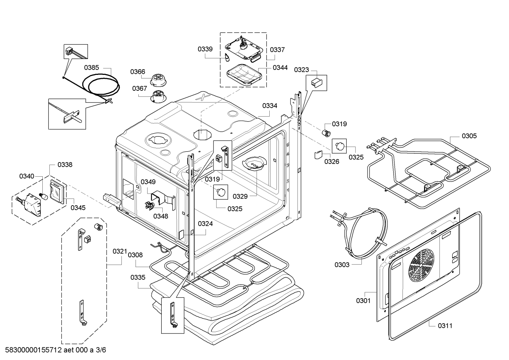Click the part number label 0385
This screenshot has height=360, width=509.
coord(91,67)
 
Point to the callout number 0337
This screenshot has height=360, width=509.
coord(277,49)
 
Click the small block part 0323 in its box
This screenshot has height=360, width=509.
coord(317,83)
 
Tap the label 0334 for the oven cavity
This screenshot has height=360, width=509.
coord(270,106)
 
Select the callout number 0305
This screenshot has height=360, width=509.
coord(469,136)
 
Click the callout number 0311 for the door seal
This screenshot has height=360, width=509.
coord(445,326)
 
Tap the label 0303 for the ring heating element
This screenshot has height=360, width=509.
coord(342,265)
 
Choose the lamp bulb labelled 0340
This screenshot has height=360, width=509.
coord(43,196)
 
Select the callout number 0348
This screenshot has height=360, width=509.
coord(161,216)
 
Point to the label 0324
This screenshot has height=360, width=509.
coord(205,224)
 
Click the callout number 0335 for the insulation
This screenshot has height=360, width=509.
coord(138,277)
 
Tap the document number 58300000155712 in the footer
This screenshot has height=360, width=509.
coord(34,350)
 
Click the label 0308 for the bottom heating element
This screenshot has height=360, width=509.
coord(135,255)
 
